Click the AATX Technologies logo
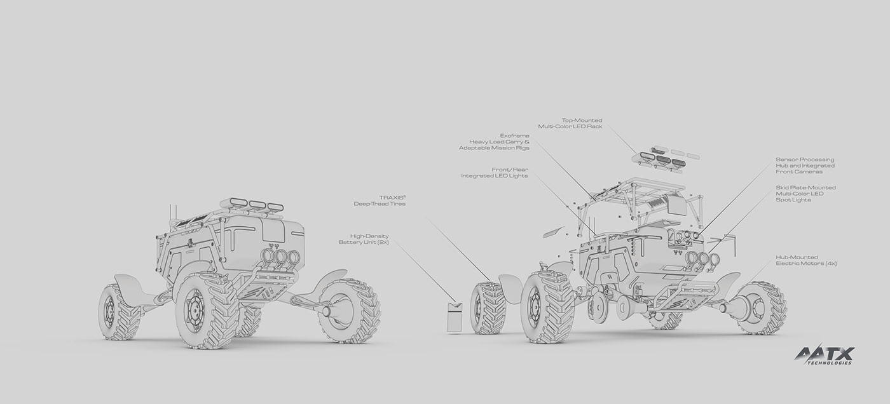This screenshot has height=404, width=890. pos(824,355)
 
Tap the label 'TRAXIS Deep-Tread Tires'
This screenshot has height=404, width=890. pos(379,201)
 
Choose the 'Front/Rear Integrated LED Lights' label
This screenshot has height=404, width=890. pos(494,173)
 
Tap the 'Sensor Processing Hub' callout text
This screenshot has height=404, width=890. pos(805,166)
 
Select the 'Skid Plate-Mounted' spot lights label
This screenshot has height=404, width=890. pos(805,194)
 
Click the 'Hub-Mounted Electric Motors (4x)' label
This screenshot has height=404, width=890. pos(805,260)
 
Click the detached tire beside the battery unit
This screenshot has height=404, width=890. pos(488,308)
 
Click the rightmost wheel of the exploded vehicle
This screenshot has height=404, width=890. pos(762,308)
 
